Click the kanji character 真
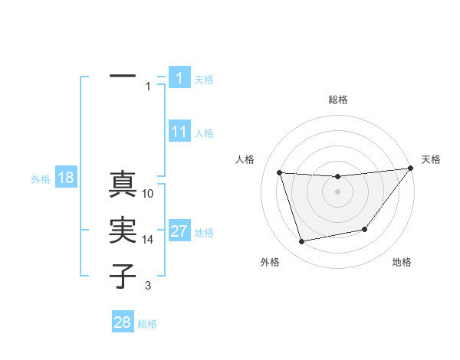[123, 185]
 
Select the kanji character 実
[123, 230]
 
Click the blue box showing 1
[179, 78]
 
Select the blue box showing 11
[179, 132]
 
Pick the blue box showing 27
[179, 232]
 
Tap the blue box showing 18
[66, 178]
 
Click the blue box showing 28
[123, 322]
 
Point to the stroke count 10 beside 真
[149, 194]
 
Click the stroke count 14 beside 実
[149, 240]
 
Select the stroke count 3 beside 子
[148, 286]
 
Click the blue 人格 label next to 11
[204, 133]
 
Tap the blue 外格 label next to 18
[41, 179]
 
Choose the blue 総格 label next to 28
[147, 324]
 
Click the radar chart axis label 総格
[338, 100]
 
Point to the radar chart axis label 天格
[431, 159]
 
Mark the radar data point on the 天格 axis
[409, 169]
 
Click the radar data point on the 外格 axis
[302, 242]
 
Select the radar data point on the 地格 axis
[365, 229]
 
